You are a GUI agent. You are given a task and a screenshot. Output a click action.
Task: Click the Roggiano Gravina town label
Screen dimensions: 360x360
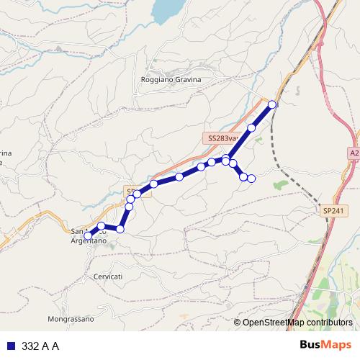[171, 79]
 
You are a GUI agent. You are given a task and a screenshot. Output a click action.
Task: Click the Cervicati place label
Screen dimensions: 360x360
[108, 276]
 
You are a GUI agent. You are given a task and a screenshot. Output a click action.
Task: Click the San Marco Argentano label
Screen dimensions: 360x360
[89, 235]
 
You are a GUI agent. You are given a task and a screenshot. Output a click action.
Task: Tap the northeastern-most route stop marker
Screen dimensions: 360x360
[272, 104]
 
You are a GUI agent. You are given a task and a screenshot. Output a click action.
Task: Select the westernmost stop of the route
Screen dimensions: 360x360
[88, 235]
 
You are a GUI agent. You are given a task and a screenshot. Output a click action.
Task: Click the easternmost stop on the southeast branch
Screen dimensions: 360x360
[251, 179]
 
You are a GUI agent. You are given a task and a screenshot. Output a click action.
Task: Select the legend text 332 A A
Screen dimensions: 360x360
[40, 346]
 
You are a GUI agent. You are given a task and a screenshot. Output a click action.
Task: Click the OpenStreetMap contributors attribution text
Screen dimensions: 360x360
[297, 323]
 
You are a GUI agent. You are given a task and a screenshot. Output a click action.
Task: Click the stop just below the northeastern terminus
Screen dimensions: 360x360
[251, 128]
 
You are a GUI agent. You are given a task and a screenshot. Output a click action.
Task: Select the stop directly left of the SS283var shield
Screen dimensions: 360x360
[201, 167]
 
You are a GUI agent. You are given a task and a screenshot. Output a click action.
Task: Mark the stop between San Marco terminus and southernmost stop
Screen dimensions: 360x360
[102, 226]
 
